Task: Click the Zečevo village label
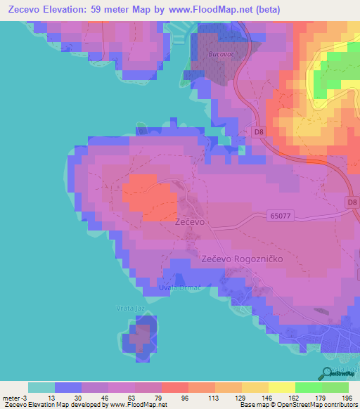click(189, 221)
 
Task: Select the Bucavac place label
click(220, 53)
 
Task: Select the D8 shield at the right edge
click(352, 202)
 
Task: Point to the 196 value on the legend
click(345, 397)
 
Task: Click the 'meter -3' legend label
click(15, 397)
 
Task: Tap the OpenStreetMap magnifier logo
click(327, 373)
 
